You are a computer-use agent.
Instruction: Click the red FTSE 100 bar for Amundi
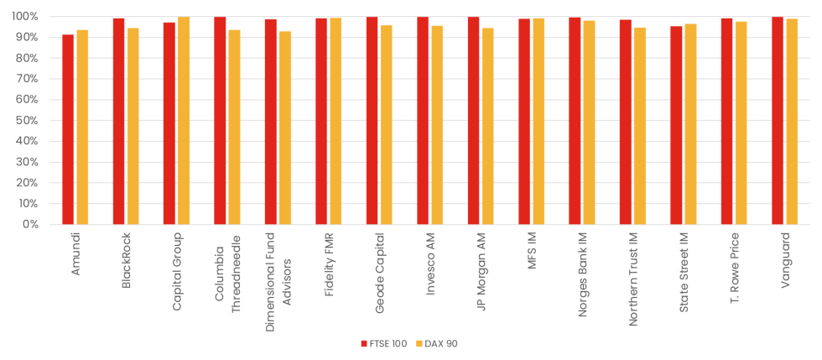click(68, 130)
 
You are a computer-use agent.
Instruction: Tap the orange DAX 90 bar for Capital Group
click(184, 121)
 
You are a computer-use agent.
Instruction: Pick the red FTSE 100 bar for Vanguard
click(778, 121)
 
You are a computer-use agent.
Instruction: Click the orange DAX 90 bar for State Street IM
click(690, 124)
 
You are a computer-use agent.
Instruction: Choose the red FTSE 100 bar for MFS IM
click(524, 122)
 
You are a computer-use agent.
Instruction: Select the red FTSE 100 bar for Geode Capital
click(372, 121)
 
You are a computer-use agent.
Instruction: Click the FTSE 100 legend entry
click(383, 343)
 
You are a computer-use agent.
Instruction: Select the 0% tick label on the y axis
click(31, 225)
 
